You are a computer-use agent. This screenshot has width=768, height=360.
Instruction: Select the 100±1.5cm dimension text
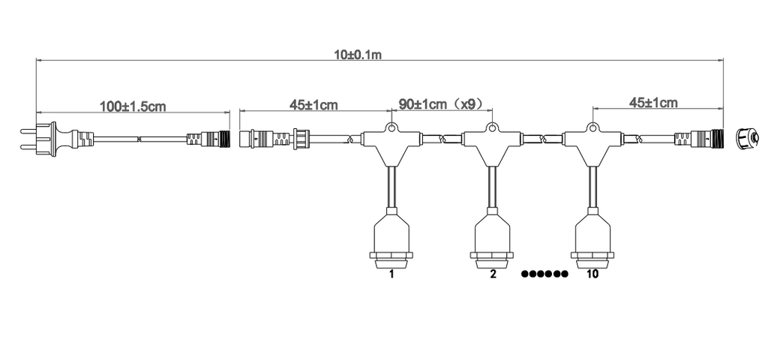click(x=133, y=106)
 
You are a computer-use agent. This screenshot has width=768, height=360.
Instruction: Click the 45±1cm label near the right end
click(x=652, y=102)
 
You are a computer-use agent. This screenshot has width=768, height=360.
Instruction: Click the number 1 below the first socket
click(x=391, y=274)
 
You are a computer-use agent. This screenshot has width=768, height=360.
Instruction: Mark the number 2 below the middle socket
click(x=493, y=274)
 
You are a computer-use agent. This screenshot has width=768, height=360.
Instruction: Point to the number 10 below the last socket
click(x=592, y=274)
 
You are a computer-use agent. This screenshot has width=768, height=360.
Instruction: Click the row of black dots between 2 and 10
click(x=544, y=274)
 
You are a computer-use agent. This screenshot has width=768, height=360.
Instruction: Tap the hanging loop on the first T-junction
click(x=391, y=127)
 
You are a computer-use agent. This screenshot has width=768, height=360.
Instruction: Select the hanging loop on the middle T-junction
click(x=492, y=127)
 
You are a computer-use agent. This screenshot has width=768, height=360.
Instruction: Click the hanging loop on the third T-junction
click(x=592, y=127)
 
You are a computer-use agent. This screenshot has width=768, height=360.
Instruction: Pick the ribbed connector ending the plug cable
click(x=208, y=139)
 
